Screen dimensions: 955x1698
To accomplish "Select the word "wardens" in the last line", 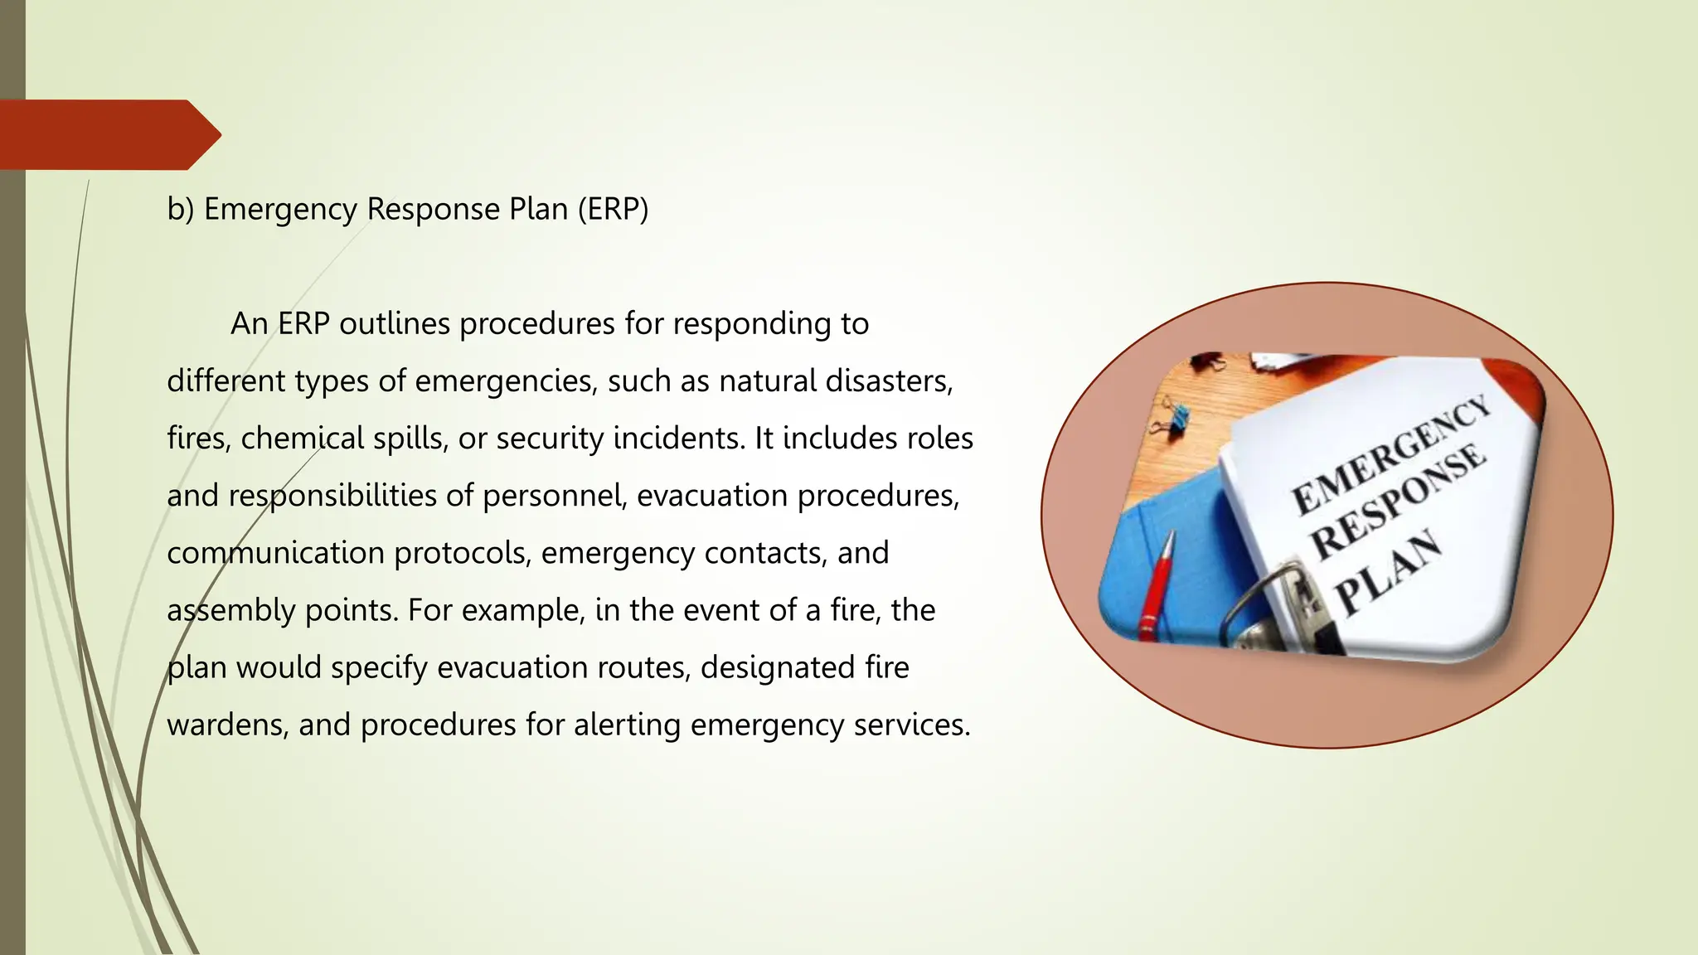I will coord(228,725).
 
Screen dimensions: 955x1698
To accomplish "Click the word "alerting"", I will coord(627,725).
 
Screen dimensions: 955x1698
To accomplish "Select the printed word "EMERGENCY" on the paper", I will coord(1390,455).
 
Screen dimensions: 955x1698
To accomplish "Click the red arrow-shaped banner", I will coord(108,134).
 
